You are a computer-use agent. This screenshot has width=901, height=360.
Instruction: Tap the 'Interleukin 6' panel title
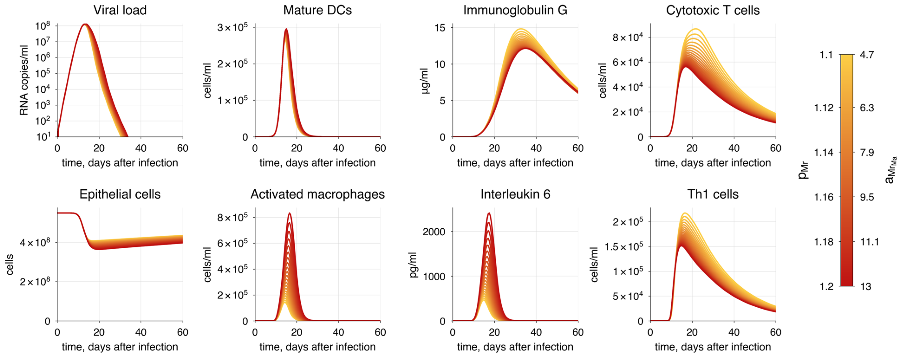point(515,194)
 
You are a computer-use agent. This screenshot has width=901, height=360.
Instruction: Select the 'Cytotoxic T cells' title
point(712,10)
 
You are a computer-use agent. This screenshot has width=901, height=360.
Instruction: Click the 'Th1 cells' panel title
point(712,194)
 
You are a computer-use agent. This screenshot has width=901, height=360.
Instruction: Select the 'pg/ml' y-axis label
point(413,265)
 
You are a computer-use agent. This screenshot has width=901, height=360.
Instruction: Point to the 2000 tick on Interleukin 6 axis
point(434,232)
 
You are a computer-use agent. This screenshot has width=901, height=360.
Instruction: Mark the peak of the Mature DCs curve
point(286,29)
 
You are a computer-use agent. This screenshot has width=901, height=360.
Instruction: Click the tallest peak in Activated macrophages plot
point(289,213)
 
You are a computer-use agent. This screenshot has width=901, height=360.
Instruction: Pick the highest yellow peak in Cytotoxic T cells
point(696,29)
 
